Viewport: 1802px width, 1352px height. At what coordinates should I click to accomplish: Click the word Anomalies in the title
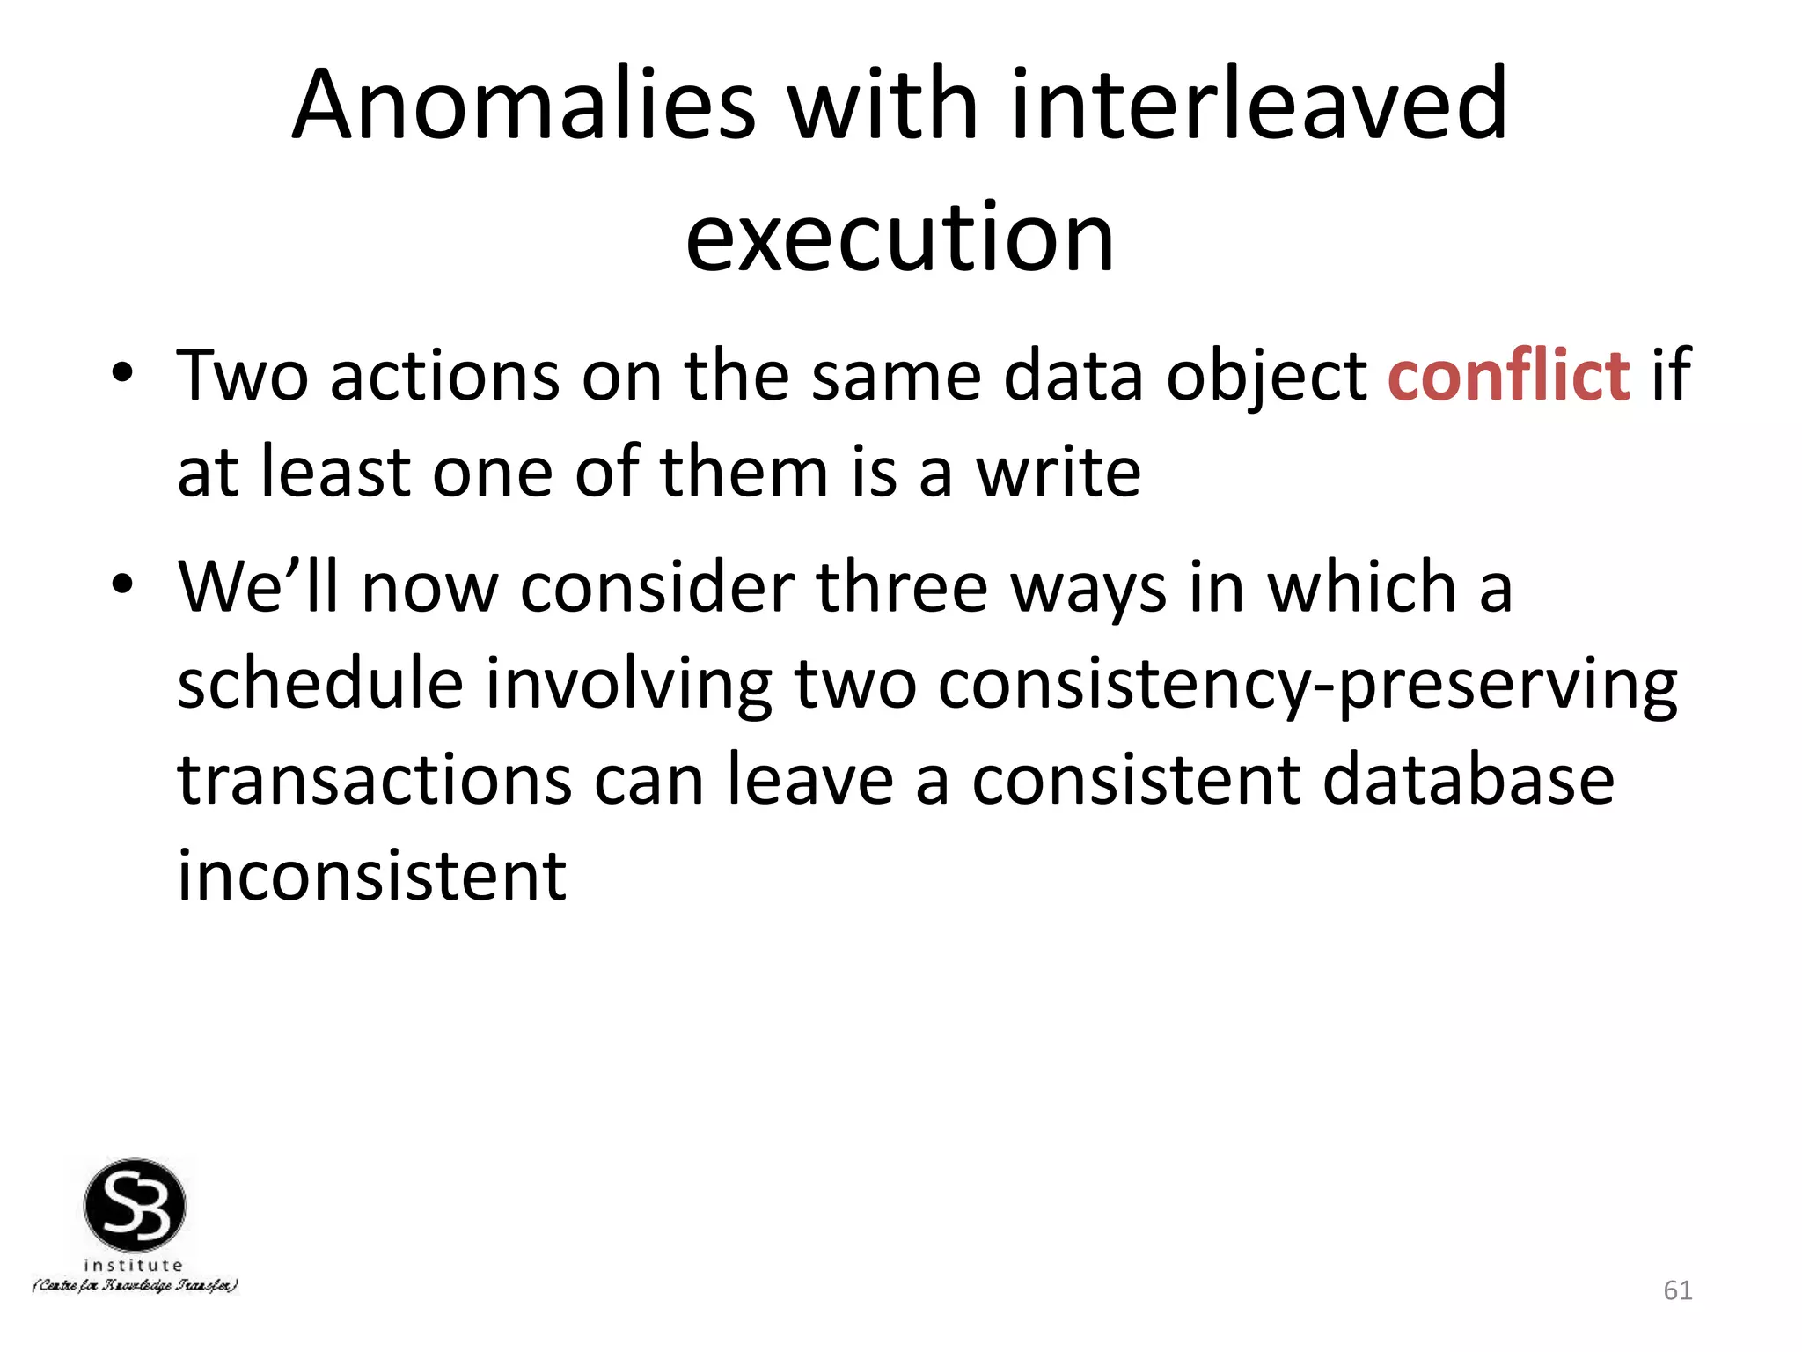(524, 106)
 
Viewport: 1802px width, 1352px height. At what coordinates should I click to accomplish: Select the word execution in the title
(900, 238)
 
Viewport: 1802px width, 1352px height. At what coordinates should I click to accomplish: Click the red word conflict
(1508, 377)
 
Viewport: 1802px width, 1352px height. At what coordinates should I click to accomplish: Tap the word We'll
(258, 588)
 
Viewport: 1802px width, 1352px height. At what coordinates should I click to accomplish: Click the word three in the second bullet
(902, 588)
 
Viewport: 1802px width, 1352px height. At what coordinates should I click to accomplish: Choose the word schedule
(319, 685)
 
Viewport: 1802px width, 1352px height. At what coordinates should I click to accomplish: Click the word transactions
(374, 782)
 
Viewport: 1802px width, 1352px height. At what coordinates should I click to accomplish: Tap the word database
(1469, 782)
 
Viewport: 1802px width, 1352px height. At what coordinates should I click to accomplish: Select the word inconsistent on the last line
(371, 877)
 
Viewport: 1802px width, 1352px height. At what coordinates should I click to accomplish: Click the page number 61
(1677, 1290)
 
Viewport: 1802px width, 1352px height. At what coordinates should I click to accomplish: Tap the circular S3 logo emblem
(135, 1205)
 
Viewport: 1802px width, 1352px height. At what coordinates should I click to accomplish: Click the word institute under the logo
(133, 1266)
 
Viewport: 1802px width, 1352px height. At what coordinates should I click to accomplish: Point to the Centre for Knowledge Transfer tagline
(135, 1286)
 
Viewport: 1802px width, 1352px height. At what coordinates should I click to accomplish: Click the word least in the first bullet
(334, 474)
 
